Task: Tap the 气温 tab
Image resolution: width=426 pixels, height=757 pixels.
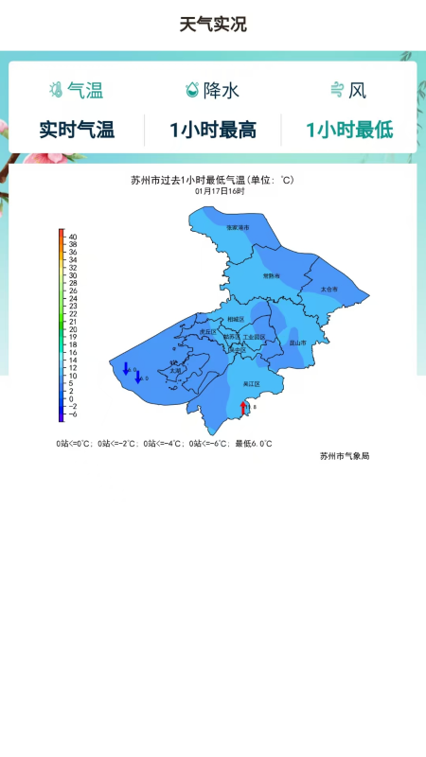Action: (76, 91)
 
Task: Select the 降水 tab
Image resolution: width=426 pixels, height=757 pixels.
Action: (213, 91)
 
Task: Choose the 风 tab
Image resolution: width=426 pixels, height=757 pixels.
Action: (347, 91)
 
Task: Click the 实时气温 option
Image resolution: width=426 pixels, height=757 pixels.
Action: (77, 131)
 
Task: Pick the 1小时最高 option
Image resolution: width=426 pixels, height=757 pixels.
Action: (213, 131)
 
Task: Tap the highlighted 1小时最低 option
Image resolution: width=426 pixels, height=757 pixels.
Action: (349, 131)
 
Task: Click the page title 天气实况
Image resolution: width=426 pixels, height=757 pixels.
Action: (213, 25)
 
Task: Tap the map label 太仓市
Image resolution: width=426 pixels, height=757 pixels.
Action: (328, 289)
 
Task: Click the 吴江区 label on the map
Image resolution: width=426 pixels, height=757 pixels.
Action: (251, 384)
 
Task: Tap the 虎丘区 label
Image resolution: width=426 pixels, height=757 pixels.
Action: (208, 332)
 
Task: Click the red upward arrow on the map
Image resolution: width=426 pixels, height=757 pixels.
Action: (243, 407)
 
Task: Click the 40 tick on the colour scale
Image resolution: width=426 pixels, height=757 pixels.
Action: (73, 237)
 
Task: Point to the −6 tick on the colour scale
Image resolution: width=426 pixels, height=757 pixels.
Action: (73, 414)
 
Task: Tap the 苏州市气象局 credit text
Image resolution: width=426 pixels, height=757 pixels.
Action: (345, 456)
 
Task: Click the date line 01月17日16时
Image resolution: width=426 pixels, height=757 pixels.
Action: (220, 191)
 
